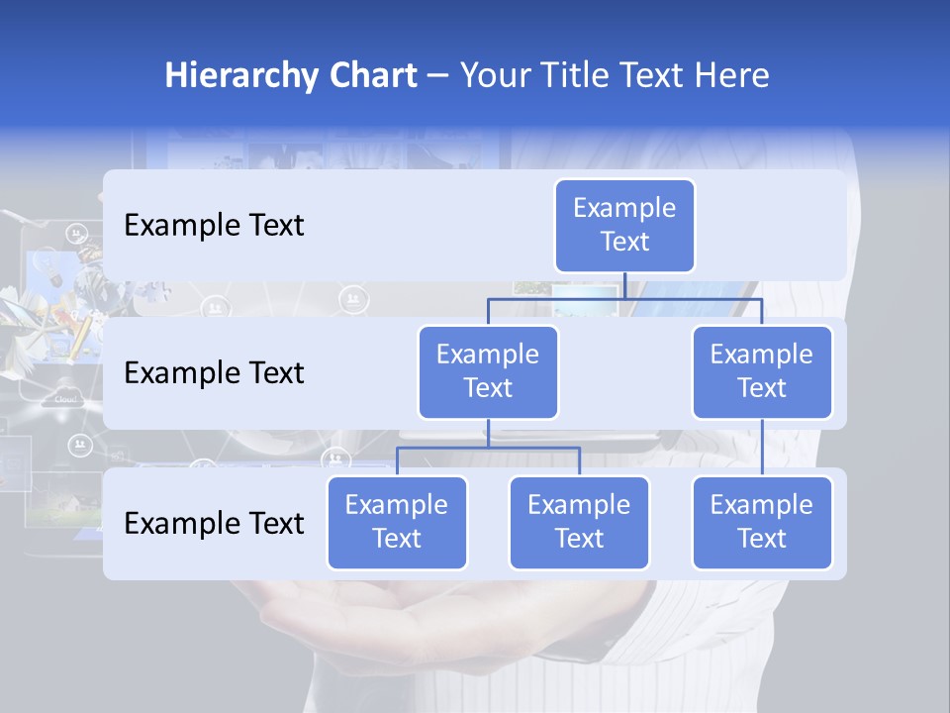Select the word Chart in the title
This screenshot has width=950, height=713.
372,75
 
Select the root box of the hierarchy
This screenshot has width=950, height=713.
624,226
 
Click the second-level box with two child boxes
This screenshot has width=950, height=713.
488,372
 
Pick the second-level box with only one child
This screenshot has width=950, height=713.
762,372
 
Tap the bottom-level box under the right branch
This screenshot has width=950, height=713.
762,523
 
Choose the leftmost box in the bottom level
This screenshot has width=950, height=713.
397,523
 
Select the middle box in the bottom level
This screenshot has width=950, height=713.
579,523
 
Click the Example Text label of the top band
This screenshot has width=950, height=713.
214,226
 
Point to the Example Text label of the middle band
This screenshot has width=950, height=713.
214,373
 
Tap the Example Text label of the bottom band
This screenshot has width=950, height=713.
214,524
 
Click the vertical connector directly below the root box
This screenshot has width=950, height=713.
624,285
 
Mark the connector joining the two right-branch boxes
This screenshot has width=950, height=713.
762,448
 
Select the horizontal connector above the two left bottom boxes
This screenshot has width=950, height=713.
488,448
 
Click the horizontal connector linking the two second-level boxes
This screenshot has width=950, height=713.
624,298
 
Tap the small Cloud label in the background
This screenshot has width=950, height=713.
65,400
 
